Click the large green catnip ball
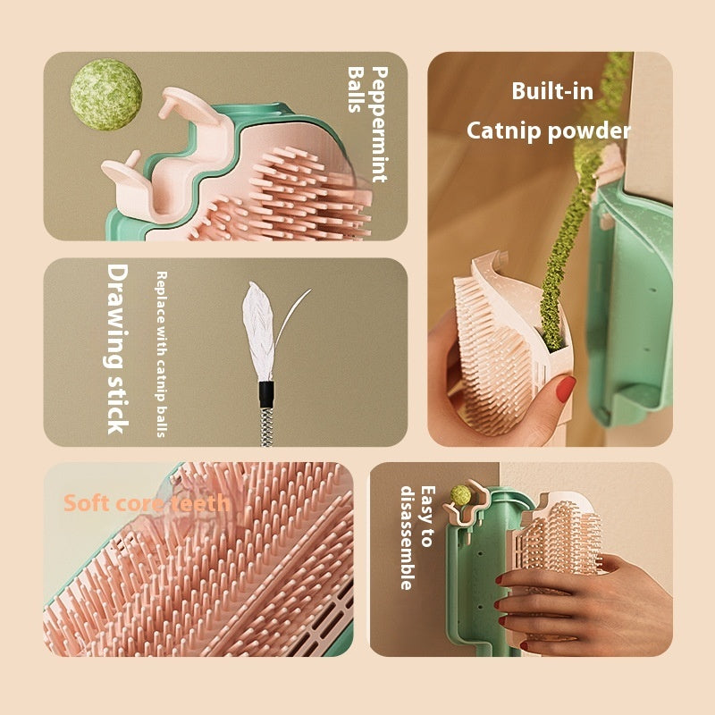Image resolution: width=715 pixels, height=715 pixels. pos(105,95)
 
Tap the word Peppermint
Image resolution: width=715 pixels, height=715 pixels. pos(380,124)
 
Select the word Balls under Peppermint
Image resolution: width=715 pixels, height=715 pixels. pos(356,89)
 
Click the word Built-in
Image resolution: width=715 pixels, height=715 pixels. pos(552,91)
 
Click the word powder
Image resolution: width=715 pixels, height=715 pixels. pos(590,131)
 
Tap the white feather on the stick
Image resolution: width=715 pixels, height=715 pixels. pos(260,331)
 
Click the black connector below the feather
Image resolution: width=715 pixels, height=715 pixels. pos(266,394)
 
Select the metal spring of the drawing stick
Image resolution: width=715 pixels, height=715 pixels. pos(266,427)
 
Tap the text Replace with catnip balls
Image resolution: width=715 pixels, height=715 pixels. pos(162,354)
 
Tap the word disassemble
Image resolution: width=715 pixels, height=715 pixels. pos(408,538)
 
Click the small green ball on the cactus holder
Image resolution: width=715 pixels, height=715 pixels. pos(460,495)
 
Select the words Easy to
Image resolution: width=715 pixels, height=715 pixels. pos(427,517)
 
